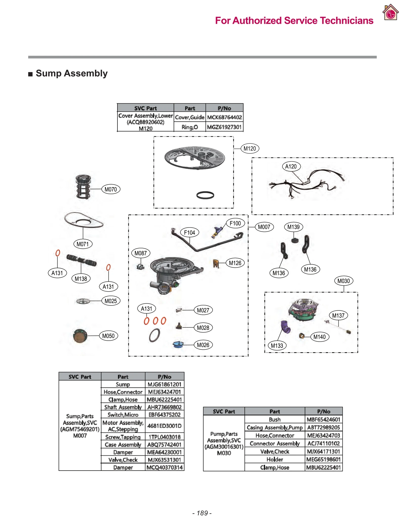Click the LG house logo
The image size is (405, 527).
(x=390, y=12)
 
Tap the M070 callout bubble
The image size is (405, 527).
(x=111, y=189)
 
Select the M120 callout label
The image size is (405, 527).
(x=250, y=149)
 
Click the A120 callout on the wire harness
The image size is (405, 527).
(x=291, y=166)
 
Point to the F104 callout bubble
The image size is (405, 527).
(x=189, y=233)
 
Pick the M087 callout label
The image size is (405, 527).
(x=140, y=253)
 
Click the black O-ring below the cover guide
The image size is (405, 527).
(x=205, y=195)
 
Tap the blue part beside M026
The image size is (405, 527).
(x=178, y=344)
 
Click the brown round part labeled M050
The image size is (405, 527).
(x=80, y=336)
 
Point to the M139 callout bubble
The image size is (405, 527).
(x=293, y=227)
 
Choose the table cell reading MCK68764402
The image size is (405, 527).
(x=224, y=117)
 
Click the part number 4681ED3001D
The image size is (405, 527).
(x=164, y=426)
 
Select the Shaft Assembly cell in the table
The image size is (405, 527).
(x=123, y=407)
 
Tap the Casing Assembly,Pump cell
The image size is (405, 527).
(x=275, y=428)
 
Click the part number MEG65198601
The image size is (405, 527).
(x=323, y=459)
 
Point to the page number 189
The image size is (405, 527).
(x=202, y=513)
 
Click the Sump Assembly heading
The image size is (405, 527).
(x=72, y=73)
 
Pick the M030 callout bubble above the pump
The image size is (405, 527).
(x=343, y=281)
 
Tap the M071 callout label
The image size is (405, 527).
(x=83, y=244)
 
